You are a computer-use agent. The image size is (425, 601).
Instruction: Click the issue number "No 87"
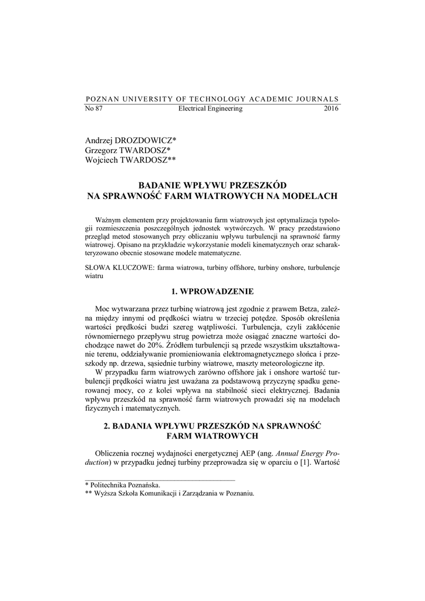point(94,109)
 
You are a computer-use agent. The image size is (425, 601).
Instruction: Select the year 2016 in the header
point(331,109)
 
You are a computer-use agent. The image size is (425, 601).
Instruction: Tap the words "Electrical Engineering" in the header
point(210,109)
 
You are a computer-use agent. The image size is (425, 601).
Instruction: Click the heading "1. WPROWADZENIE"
point(212,291)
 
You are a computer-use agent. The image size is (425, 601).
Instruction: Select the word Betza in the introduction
point(296,309)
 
